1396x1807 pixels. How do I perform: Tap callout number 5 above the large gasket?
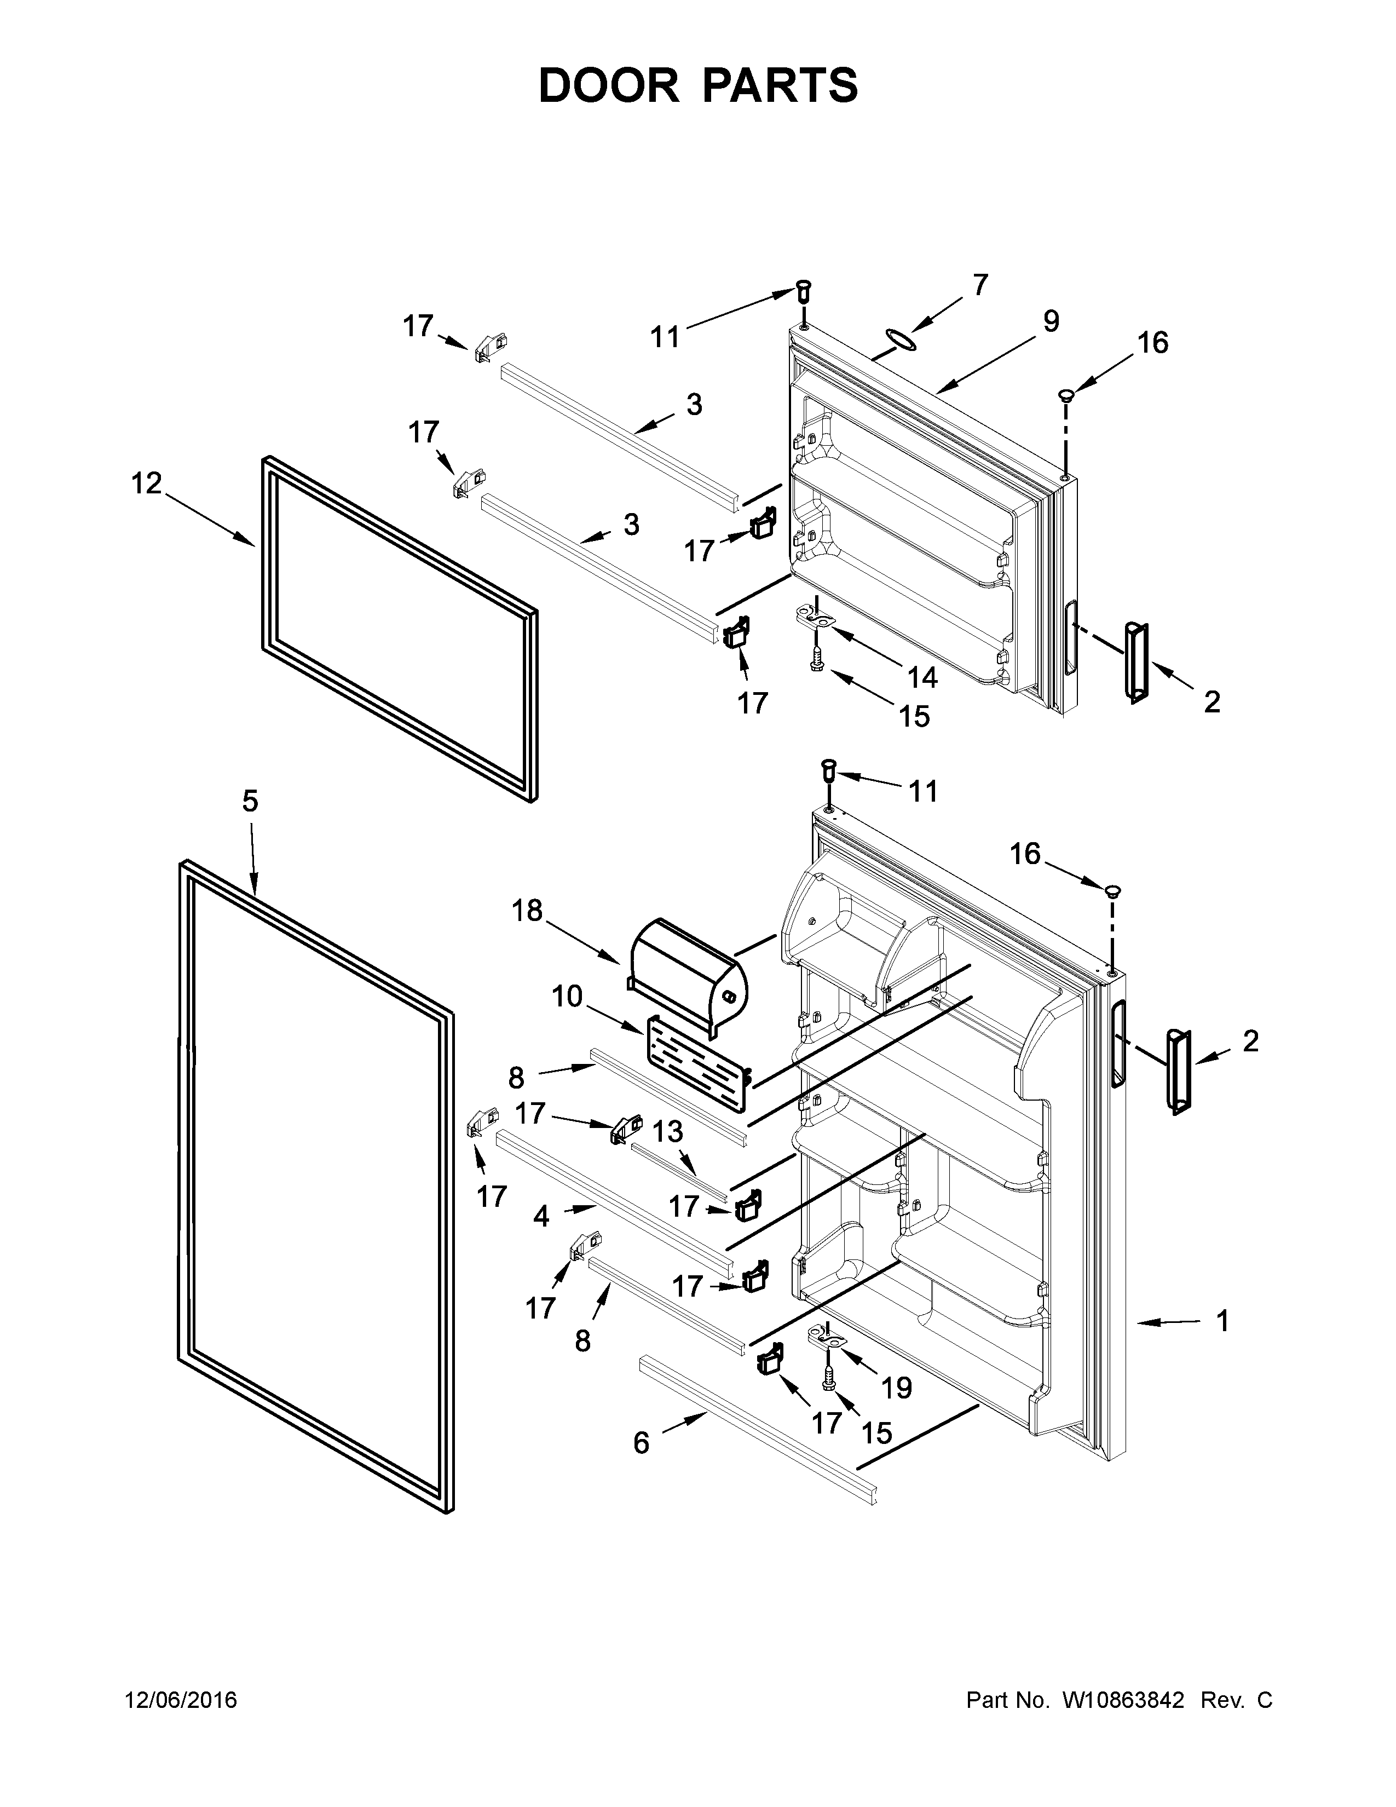click(x=250, y=801)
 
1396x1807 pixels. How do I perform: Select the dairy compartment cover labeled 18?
click(x=688, y=975)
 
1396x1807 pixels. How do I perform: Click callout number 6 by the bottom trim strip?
click(x=641, y=1442)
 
